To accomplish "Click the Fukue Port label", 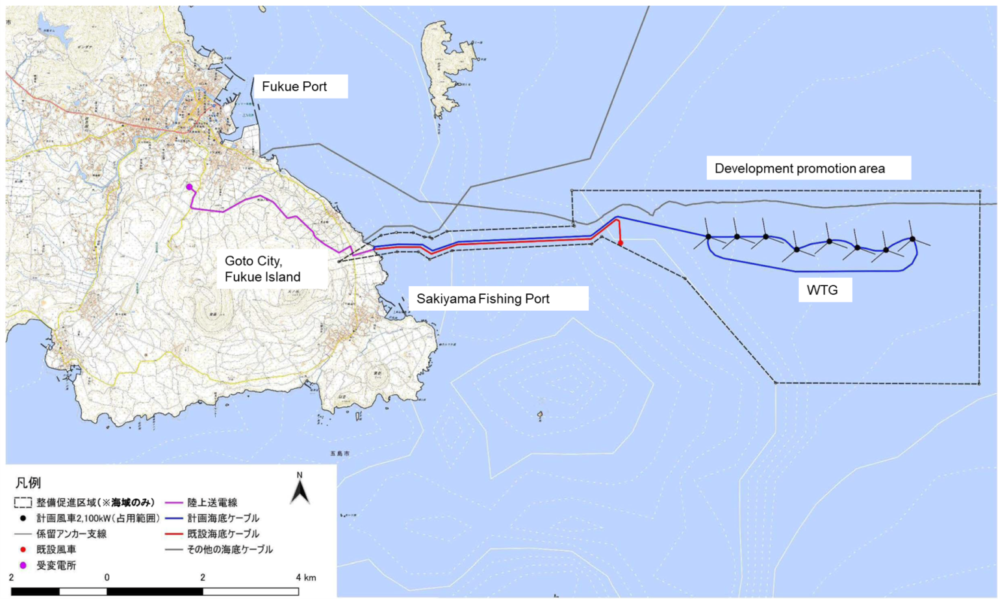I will pos(294,87).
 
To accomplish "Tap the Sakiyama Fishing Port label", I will pos(483,299).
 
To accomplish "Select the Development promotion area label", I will pos(799,168).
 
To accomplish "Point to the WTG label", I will pos(822,290).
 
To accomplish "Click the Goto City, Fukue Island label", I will pos(262,269).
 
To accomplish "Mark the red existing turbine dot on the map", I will pos(621,243).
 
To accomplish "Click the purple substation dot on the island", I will pos(190,187).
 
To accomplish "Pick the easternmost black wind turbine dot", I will pos(912,239).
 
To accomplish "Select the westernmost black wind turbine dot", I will pos(708,237).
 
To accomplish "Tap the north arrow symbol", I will pos(300,489).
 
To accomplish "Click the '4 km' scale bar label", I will pos(305,577).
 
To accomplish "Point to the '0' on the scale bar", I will pos(107,577).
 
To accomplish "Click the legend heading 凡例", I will pos(28,483).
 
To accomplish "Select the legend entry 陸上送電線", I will pos(212,502).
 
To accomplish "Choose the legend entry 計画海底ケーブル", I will pos(223,518).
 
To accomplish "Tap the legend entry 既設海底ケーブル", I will pos(223,534).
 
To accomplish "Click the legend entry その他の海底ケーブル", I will pos(229,550).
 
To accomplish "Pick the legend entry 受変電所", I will pos(56,565).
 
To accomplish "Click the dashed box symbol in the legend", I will pos(23,503).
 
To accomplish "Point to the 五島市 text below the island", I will pos(340,453).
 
